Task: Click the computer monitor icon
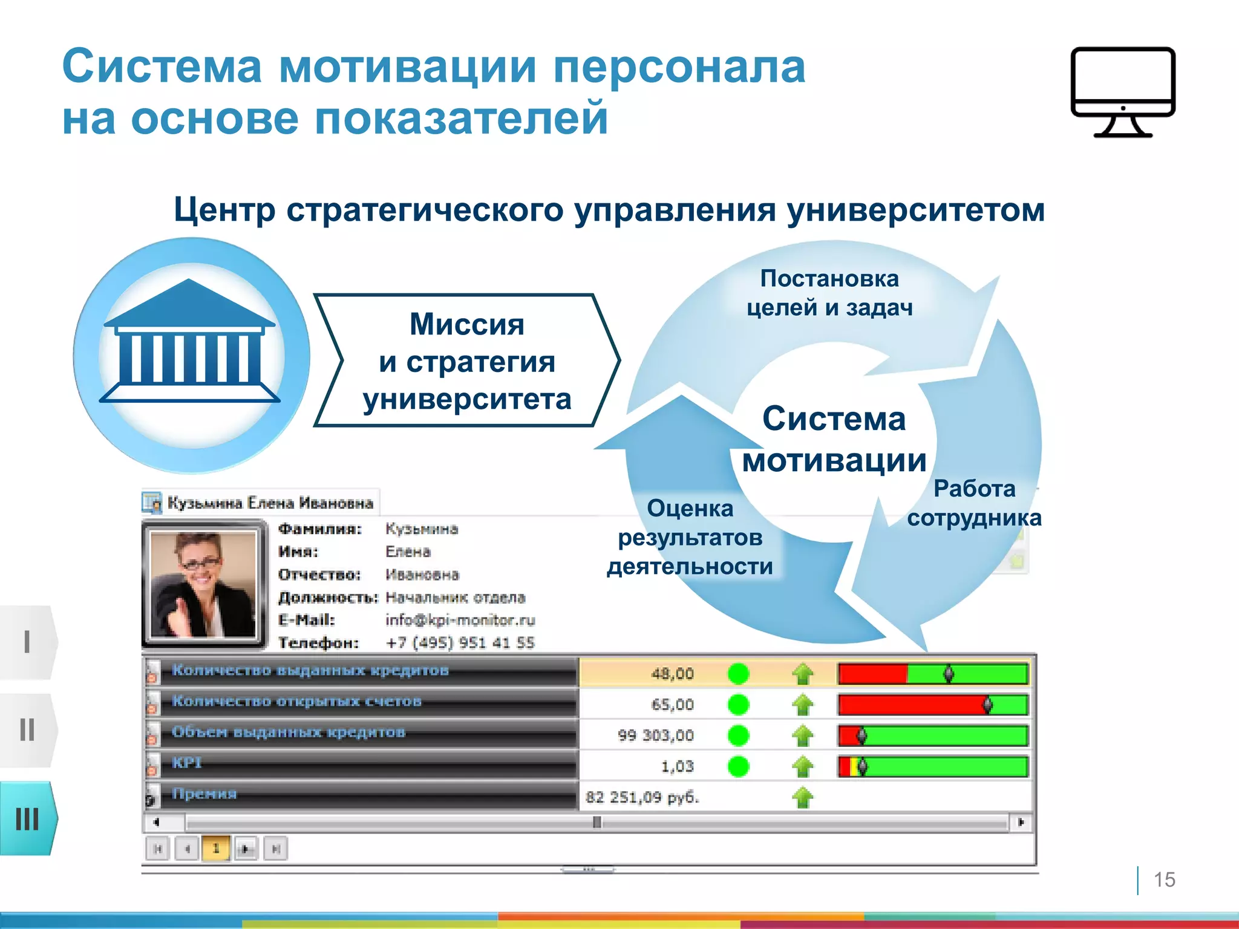click(x=1123, y=91)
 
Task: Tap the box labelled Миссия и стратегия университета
click(x=466, y=361)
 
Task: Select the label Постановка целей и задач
click(x=829, y=293)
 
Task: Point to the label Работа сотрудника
click(x=974, y=503)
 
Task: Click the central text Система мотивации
click(x=834, y=439)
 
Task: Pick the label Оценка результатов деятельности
click(x=690, y=537)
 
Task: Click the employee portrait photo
click(x=203, y=584)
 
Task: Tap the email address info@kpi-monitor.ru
click(x=460, y=620)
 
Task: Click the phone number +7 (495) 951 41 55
click(x=460, y=642)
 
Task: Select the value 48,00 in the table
click(x=672, y=674)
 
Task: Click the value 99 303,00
click(x=656, y=735)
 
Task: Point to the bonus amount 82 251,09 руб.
click(x=642, y=797)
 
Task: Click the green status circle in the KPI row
click(x=738, y=766)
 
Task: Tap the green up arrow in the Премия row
click(x=803, y=797)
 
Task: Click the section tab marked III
click(x=28, y=819)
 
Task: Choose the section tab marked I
click(x=28, y=642)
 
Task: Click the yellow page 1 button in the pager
click(x=216, y=849)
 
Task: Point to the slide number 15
click(x=1164, y=879)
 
